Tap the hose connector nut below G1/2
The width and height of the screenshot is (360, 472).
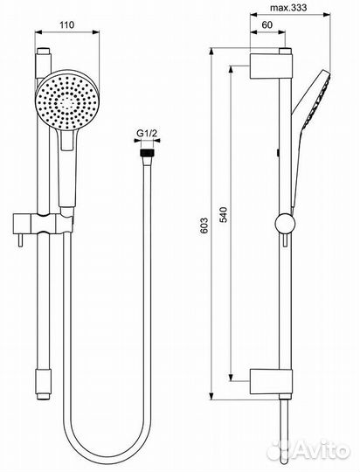coord(147,153)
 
